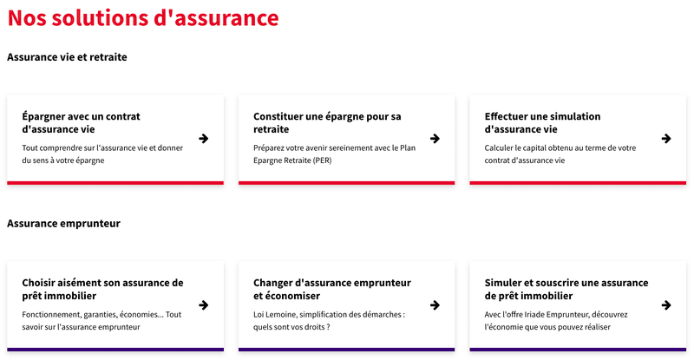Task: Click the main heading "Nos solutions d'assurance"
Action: coord(143,18)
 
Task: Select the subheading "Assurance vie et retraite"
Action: coord(67,57)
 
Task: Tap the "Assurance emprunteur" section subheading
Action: coord(63,223)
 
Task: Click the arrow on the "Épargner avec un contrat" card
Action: coord(204,139)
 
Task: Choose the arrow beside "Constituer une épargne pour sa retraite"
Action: coord(435,139)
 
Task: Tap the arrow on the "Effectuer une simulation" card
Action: coord(666,139)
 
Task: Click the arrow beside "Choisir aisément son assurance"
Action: coord(204,305)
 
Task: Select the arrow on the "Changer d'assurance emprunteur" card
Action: coord(435,305)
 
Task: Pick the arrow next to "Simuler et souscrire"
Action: coord(666,305)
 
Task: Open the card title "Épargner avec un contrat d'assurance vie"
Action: coord(81,122)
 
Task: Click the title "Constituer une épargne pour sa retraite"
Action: coord(327,122)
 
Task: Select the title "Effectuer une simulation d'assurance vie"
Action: coord(543,122)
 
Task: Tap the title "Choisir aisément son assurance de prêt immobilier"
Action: coord(102,289)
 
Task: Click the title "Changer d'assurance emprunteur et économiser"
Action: coord(332,289)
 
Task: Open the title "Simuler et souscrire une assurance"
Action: coord(566,283)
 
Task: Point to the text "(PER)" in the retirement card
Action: coord(322,160)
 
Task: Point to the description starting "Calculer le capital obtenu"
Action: coord(560,154)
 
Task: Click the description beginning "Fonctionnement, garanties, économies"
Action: coord(101,321)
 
